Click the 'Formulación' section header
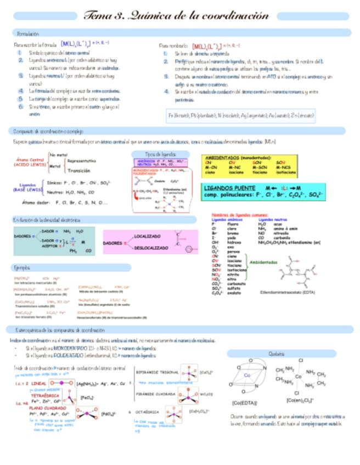[x=28, y=33]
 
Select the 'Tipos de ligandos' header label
[x=160, y=155]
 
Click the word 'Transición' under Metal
[x=78, y=171]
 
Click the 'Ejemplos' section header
[x=22, y=268]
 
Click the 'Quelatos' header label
[x=277, y=354]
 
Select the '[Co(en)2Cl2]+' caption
[x=299, y=400]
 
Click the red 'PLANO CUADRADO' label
[x=46, y=408]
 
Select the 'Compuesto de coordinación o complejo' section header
[x=48, y=132]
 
